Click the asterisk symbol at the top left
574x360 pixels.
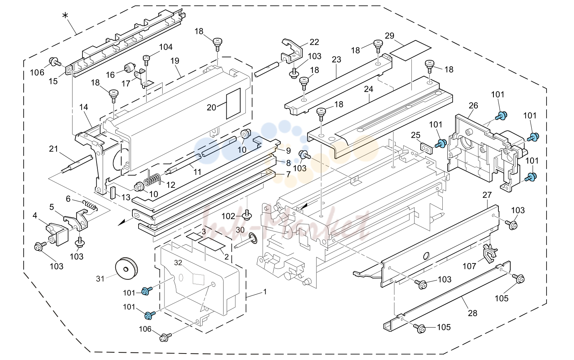(65, 15)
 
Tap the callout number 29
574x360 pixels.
(390, 36)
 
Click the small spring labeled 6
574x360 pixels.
(90, 205)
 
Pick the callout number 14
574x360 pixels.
(84, 107)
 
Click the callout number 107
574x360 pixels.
(469, 266)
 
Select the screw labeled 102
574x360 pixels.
(247, 215)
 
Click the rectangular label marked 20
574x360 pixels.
(233, 103)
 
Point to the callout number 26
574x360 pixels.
(473, 105)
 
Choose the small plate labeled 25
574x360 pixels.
(426, 149)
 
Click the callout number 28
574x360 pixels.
(472, 313)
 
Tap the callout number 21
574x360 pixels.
(53, 149)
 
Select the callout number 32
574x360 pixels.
(178, 263)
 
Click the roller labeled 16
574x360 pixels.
(129, 69)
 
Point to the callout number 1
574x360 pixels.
(265, 292)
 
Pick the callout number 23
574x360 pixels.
(337, 60)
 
